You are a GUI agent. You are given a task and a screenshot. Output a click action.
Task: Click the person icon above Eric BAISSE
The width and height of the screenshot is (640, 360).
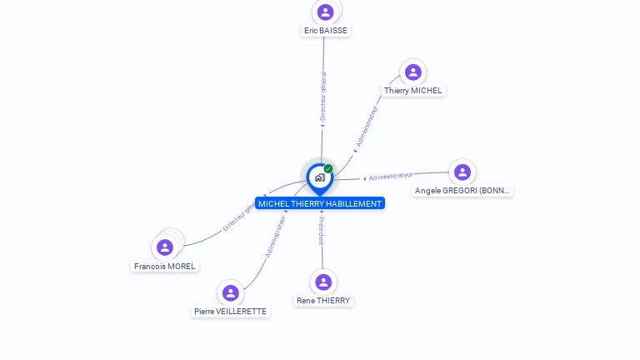(326, 12)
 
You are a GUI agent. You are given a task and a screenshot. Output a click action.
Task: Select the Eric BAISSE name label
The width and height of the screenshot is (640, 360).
(326, 31)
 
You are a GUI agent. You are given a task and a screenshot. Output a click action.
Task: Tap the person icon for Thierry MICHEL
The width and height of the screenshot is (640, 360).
(412, 72)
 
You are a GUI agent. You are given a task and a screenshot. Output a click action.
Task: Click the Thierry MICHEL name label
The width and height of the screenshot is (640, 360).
(414, 91)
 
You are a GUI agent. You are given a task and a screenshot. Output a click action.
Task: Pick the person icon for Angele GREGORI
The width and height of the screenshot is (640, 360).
(462, 172)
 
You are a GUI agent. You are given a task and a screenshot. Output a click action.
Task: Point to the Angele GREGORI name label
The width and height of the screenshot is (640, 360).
(462, 191)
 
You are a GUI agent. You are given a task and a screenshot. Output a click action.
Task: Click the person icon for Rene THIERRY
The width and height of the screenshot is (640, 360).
(323, 282)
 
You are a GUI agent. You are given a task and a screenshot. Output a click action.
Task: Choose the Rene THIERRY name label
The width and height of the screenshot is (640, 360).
(324, 301)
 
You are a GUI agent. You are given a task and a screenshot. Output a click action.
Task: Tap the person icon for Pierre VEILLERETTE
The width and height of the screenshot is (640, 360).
(231, 293)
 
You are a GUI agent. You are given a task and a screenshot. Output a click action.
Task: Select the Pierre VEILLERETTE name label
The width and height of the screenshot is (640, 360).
(231, 312)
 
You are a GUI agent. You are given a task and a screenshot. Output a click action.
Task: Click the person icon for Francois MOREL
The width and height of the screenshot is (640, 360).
(165, 247)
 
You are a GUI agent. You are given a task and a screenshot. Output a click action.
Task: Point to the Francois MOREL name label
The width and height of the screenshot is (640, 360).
(165, 267)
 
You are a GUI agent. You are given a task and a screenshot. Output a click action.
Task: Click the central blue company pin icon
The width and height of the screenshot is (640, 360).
(319, 177)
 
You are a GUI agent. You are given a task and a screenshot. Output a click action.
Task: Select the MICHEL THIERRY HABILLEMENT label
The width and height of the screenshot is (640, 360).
(320, 203)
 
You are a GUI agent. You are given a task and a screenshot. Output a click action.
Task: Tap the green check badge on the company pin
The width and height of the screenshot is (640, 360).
(328, 169)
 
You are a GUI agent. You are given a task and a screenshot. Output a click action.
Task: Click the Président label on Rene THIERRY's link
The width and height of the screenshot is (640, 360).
(322, 231)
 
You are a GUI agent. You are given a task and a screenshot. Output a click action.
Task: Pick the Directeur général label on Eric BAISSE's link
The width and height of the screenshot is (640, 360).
(323, 97)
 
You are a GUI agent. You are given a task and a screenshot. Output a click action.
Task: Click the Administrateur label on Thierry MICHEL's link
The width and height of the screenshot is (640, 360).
(367, 126)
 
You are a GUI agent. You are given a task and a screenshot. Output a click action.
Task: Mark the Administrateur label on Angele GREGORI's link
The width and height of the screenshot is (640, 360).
(391, 176)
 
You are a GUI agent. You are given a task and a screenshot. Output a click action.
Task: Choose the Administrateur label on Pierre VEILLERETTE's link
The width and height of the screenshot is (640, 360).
(276, 237)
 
